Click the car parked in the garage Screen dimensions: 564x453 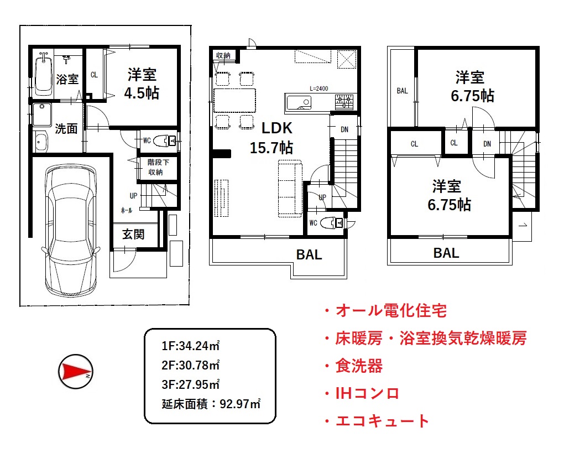click(x=71, y=231)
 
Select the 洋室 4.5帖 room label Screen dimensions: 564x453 click(x=142, y=84)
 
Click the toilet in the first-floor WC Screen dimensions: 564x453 click(x=164, y=140)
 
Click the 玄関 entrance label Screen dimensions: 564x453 click(x=133, y=234)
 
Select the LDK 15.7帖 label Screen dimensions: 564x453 click(x=273, y=137)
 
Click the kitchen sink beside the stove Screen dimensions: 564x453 click(x=299, y=102)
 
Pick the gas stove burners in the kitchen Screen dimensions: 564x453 click(x=344, y=101)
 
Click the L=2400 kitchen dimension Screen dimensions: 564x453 click(x=318, y=88)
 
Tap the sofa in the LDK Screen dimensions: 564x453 click(x=290, y=189)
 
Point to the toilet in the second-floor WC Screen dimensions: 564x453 click(x=331, y=223)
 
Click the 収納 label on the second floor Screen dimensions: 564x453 click(x=223, y=55)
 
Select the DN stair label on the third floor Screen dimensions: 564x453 click(x=487, y=144)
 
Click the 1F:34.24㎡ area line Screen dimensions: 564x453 click(x=191, y=346)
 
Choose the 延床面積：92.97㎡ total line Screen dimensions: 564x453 click(x=211, y=404)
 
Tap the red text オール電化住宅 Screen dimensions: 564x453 click(x=390, y=310)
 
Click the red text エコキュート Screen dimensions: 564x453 click(x=382, y=421)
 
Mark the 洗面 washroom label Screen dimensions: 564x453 click(x=66, y=128)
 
